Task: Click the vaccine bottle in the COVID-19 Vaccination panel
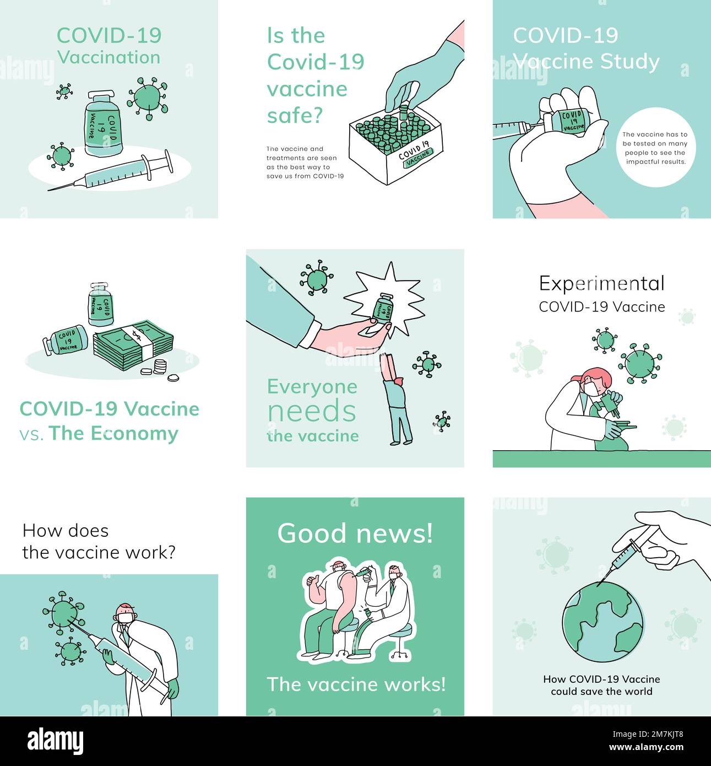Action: coord(102,123)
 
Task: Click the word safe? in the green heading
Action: coord(295,115)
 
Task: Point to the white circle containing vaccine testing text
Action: coord(655,147)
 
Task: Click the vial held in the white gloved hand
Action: coord(569,121)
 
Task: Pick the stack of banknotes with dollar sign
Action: coord(133,344)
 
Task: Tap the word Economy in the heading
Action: coord(134,434)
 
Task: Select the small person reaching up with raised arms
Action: coord(396,399)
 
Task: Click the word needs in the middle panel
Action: coord(312,411)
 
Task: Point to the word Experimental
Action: coord(601,284)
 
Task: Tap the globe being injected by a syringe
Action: coord(603,622)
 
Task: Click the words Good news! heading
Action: coord(355,533)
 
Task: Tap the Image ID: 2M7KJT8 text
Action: coord(648,734)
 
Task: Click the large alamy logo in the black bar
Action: coord(55,741)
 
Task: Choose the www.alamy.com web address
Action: coord(646,747)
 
